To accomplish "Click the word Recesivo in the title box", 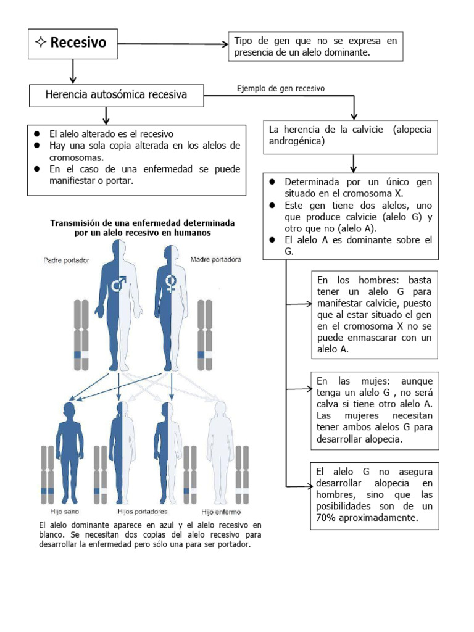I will [78, 43].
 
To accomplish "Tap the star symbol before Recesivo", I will [41, 43].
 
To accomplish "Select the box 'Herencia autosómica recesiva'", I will [116, 95].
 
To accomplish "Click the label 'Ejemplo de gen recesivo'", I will [280, 88].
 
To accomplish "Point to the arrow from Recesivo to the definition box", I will [173, 44].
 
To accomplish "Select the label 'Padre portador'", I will [66, 260].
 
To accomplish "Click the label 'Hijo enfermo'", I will [221, 512].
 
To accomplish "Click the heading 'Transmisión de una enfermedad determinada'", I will [142, 223].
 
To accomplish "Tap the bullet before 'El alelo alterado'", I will [37, 133].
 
